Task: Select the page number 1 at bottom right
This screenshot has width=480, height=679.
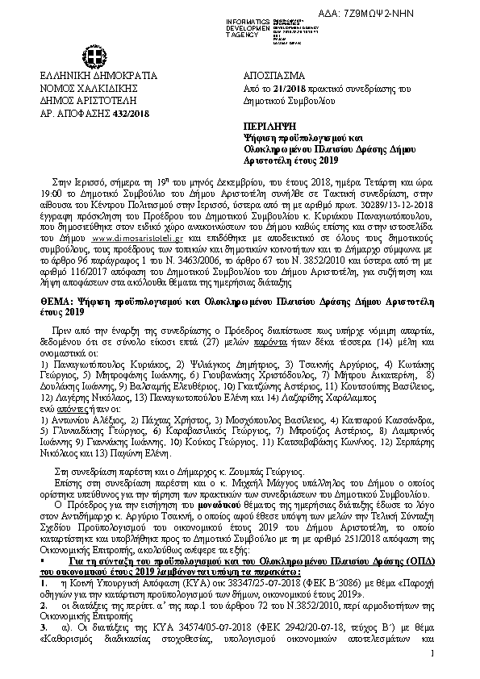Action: pos(432,652)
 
